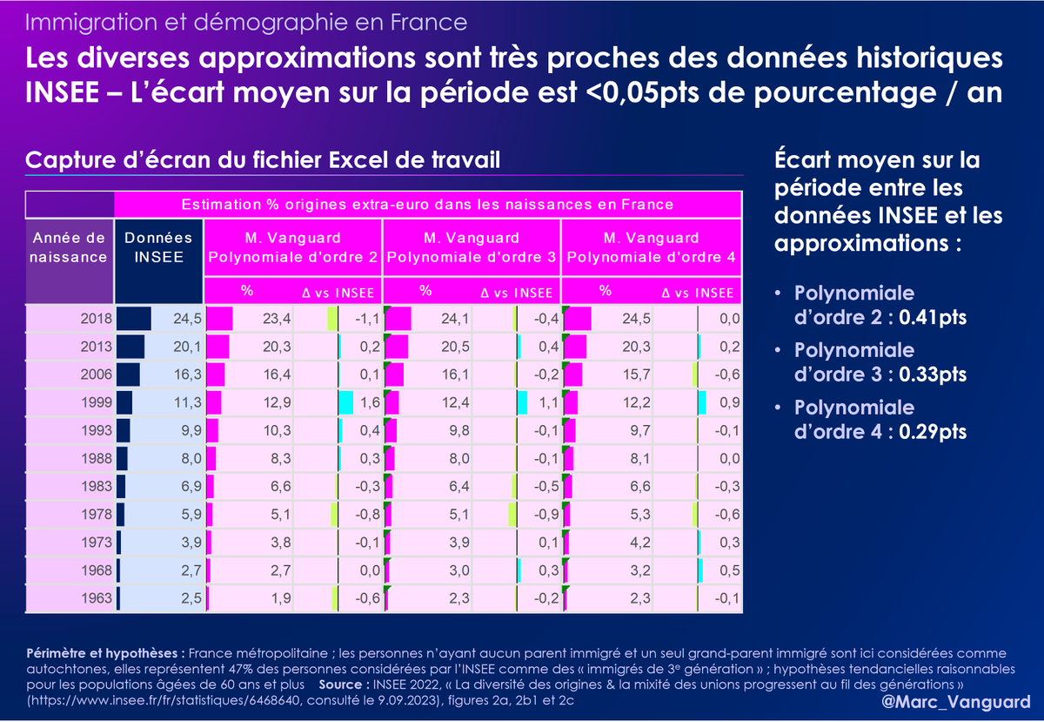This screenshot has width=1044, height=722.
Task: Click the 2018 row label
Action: pyautogui.click(x=90, y=319)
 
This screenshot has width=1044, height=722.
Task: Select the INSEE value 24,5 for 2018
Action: pyautogui.click(x=187, y=319)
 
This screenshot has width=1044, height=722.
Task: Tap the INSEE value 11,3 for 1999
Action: pyautogui.click(x=187, y=403)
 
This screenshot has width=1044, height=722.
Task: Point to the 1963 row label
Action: pyautogui.click(x=90, y=598)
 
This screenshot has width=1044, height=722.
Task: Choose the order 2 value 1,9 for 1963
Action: pyautogui.click(x=278, y=598)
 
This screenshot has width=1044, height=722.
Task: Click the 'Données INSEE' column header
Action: pyautogui.click(x=159, y=247)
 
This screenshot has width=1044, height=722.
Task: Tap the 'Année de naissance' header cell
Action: pyautogui.click(x=70, y=247)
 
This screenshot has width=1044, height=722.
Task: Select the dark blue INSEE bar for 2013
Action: pyautogui.click(x=130, y=347)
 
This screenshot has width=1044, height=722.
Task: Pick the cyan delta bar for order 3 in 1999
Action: pyautogui.click(x=522, y=403)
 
